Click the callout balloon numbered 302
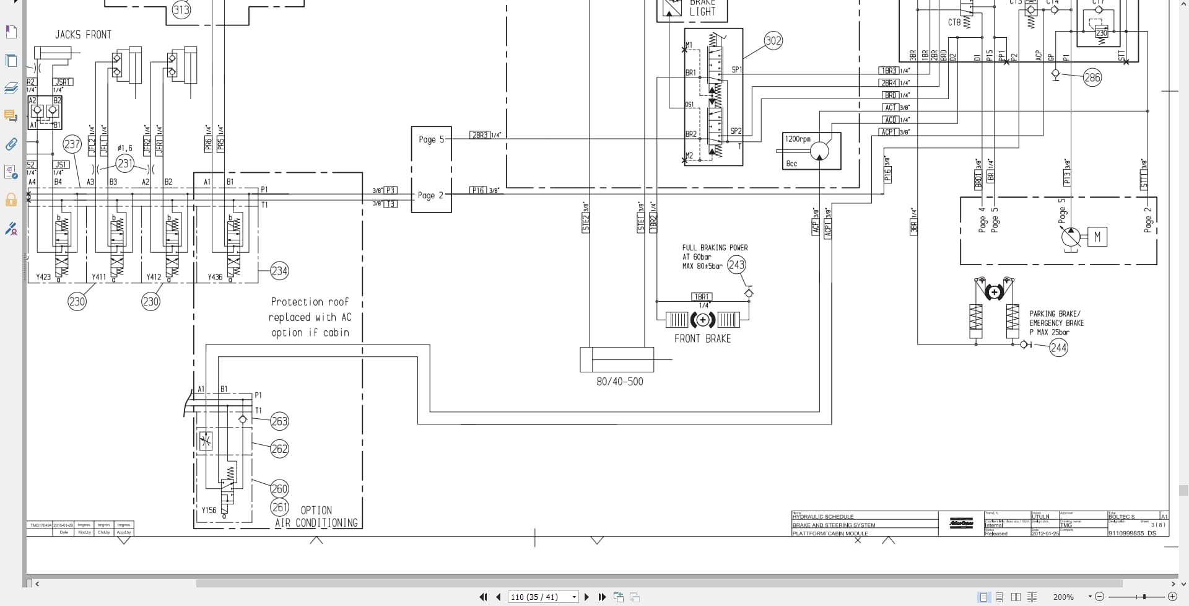773,41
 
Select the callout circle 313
181,10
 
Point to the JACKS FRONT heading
83,35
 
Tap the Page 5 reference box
431,139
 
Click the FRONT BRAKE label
702,338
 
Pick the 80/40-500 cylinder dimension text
619,382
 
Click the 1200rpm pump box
811,151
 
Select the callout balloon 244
1058,348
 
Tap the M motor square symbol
1097,237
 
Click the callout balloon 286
1092,78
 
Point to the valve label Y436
215,277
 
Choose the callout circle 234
279,271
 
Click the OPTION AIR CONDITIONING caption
316,517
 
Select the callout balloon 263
279,421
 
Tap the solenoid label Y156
209,511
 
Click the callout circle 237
72,144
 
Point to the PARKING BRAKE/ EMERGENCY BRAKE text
1056,323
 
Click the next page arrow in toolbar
586,597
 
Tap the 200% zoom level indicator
1063,597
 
